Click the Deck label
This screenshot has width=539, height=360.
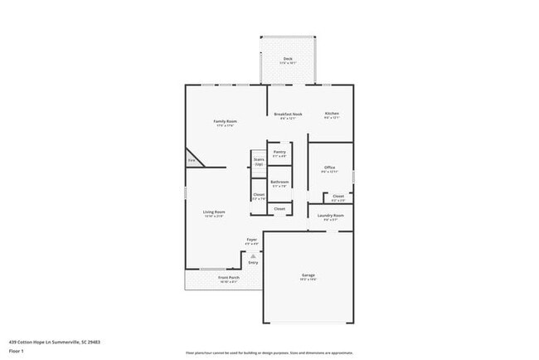click(288, 59)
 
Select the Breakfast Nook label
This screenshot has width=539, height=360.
click(288, 114)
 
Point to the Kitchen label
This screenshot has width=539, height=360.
click(332, 113)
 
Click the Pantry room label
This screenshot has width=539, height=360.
click(279, 152)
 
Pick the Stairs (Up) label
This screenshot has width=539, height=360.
click(259, 161)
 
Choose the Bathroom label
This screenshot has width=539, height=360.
click(279, 182)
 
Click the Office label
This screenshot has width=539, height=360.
click(329, 168)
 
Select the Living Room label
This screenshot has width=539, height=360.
click(214, 212)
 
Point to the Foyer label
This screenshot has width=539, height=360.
click(251, 240)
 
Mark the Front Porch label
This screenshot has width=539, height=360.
click(229, 278)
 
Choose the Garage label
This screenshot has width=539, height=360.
click(308, 275)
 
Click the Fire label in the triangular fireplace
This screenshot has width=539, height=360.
click(191, 160)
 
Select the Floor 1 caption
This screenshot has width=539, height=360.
click(16, 351)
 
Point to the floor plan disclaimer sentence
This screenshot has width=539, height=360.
click(269, 353)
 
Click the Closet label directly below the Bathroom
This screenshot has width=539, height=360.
click(279, 208)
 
